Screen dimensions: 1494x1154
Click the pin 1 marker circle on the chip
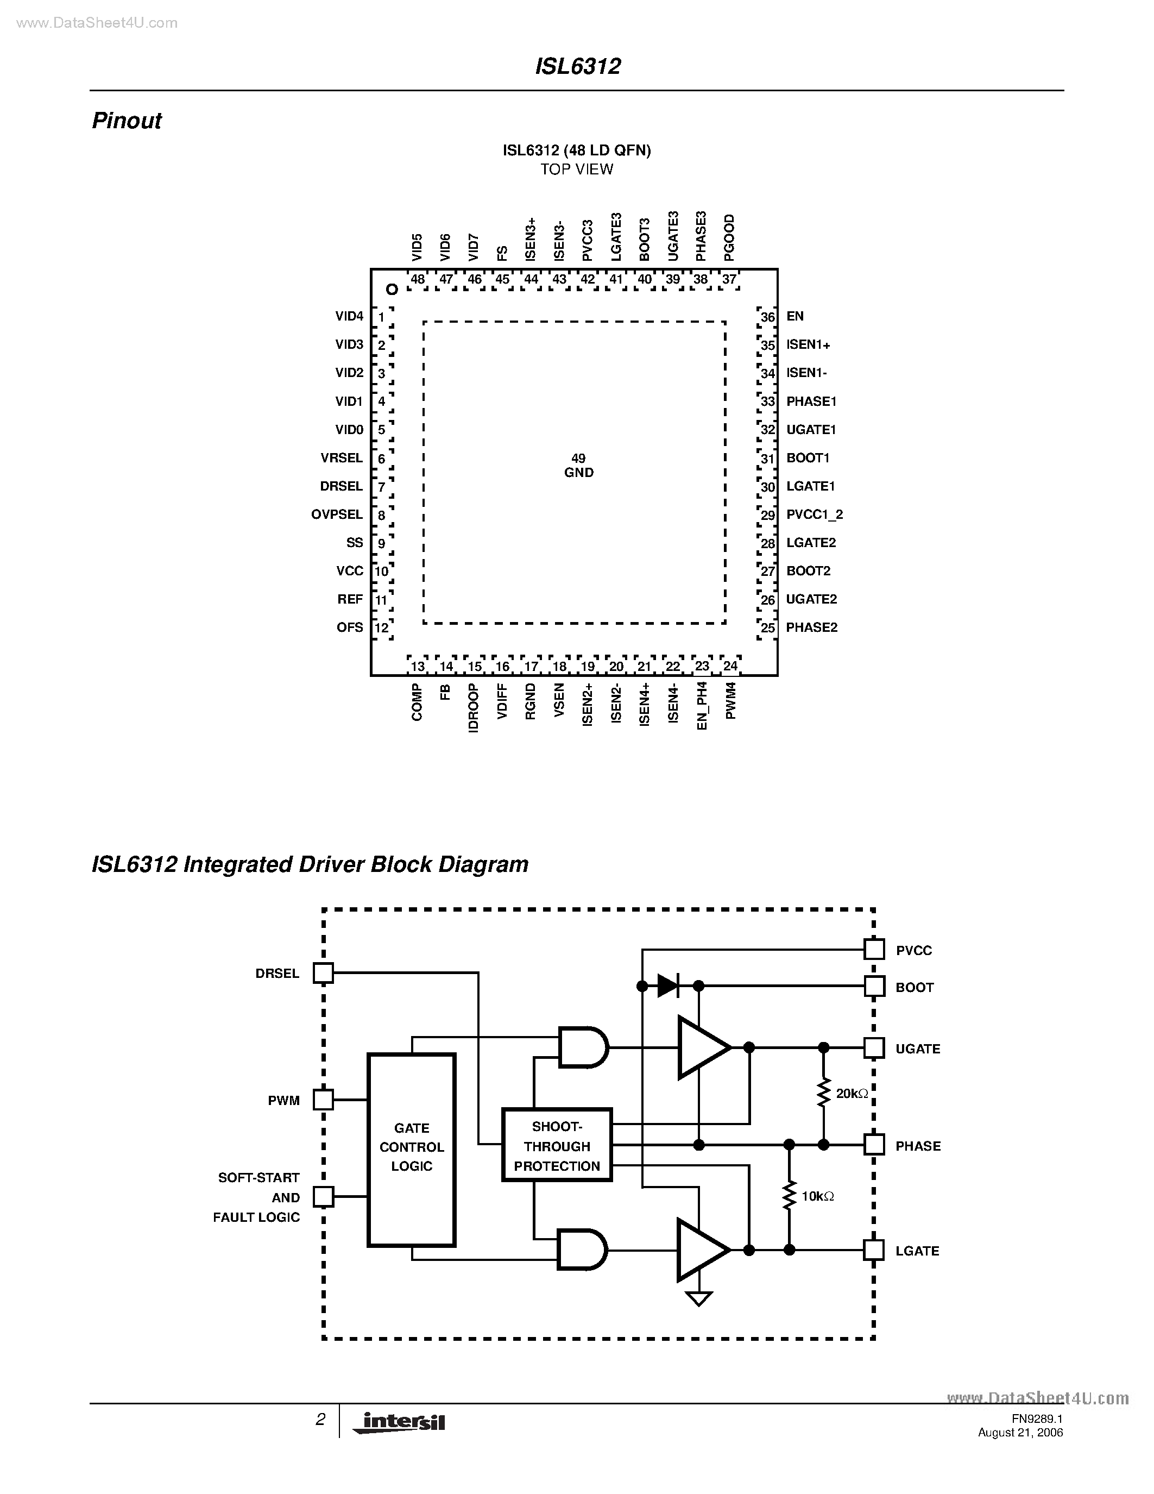pos(392,290)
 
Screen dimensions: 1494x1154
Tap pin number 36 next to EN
pos(768,317)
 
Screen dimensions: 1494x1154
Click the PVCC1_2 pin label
pos(814,514)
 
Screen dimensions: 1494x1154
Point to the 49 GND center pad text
pos(578,465)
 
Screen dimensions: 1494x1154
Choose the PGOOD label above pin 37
pos(729,237)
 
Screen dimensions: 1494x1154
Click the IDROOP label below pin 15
pos(473,708)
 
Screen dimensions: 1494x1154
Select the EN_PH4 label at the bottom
pos(702,705)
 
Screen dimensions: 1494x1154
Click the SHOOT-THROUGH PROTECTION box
pos(557,1145)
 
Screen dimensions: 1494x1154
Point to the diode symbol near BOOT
pos(668,985)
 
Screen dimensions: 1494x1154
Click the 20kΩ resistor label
pos(852,1094)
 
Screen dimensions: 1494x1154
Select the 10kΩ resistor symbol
pos(790,1196)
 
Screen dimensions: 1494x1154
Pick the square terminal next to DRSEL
pos(323,973)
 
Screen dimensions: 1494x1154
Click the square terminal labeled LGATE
pos(874,1250)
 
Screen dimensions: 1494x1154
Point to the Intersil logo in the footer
pos(399,1422)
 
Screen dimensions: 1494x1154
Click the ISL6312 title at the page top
pos(578,66)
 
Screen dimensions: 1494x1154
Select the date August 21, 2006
pos(1020,1433)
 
